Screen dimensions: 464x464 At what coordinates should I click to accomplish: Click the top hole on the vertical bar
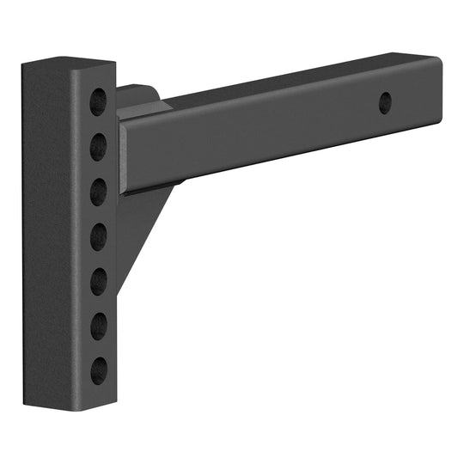point(99,98)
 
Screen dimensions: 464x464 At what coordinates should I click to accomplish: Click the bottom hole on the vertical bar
point(99,370)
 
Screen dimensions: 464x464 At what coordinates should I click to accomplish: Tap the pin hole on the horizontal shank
point(386,101)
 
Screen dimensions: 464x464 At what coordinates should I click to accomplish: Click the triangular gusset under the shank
point(142,232)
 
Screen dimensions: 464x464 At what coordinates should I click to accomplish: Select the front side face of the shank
point(275,137)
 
